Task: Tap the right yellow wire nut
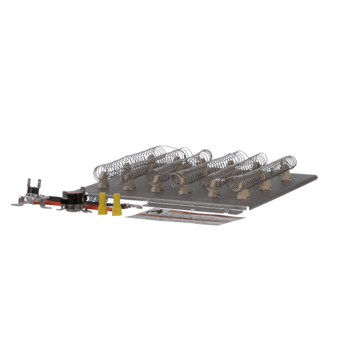(116, 204)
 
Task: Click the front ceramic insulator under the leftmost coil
(102, 178)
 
